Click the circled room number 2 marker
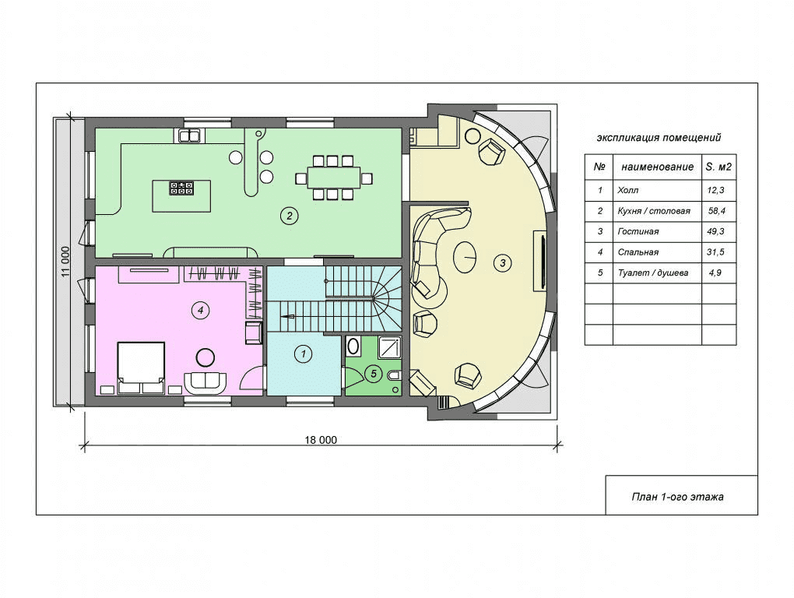point(289,216)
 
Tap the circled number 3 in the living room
point(502,262)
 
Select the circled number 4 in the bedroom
point(201,310)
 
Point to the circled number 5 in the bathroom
point(374,375)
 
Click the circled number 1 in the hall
point(304,354)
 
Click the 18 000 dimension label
point(321,440)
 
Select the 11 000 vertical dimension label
point(65,262)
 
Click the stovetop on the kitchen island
point(181,188)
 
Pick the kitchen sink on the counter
point(189,135)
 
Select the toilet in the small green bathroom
point(394,376)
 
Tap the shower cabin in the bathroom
point(389,346)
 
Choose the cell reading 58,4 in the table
point(717,211)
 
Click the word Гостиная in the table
point(638,231)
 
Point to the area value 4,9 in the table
point(715,273)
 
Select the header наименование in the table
point(657,167)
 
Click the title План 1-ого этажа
point(677,497)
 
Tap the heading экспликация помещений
point(659,137)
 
